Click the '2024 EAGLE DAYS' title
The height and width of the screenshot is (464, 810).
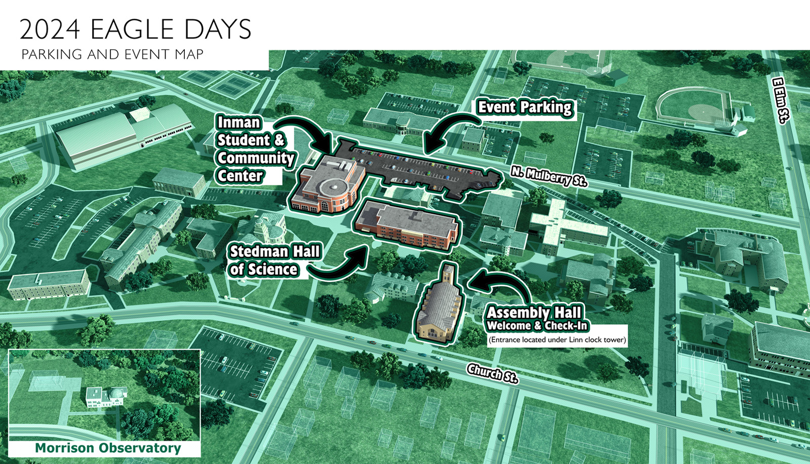135,29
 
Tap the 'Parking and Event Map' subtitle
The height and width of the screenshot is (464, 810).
112,54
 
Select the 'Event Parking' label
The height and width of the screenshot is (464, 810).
524,107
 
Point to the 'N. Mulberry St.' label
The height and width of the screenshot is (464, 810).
548,176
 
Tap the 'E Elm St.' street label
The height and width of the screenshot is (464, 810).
781,100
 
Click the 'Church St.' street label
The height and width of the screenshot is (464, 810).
492,373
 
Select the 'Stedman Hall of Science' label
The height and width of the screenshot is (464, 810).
274,260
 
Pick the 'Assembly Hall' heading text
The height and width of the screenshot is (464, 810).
534,312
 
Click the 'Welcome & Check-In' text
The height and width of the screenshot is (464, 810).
537,326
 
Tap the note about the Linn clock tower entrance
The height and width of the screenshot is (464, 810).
557,340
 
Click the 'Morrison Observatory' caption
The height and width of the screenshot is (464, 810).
108,448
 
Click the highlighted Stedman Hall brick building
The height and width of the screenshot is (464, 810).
408,225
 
